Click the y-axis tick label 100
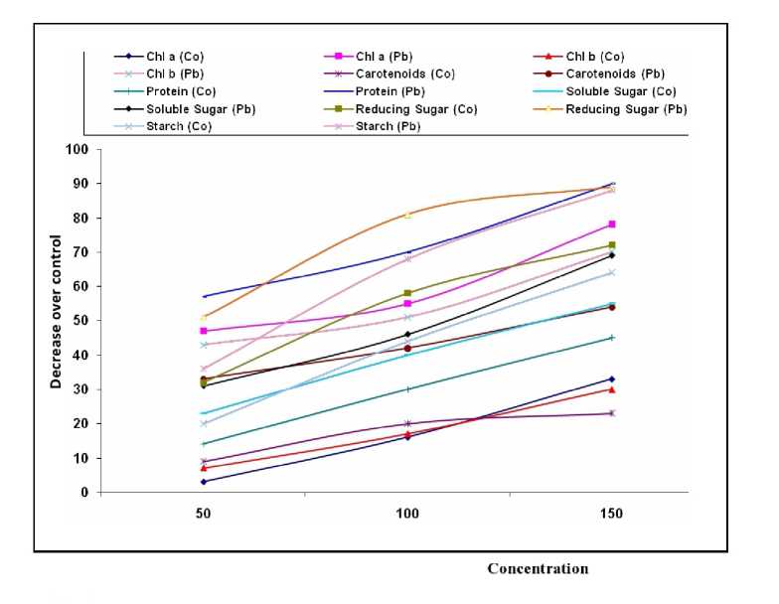click(78, 149)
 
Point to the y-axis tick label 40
click(81, 355)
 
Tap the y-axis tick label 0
click(84, 492)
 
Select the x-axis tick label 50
click(204, 516)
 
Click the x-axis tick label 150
click(612, 516)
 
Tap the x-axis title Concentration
click(538, 569)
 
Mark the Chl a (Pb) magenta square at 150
click(612, 225)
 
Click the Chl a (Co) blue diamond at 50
click(204, 482)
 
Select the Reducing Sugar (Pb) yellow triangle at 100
click(407, 215)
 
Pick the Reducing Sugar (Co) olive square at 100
click(407, 293)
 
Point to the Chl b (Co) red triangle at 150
click(612, 389)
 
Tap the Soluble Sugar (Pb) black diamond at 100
click(407, 335)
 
